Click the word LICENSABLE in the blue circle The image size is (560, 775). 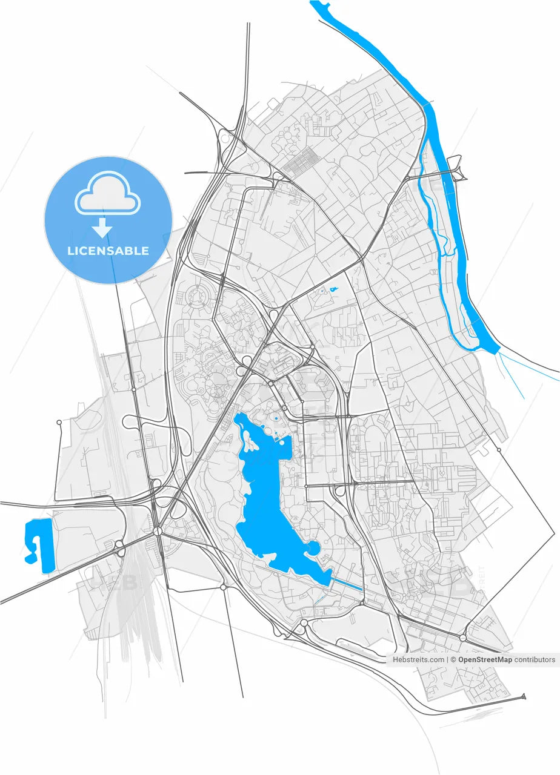coord(108,251)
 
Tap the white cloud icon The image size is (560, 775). coord(108,193)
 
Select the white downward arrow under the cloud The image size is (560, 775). coord(102,228)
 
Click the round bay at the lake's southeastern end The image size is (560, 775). coord(313,549)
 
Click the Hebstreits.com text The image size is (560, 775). coord(418,659)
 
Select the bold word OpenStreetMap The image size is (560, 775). coord(485,659)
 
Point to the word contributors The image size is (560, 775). coord(534,659)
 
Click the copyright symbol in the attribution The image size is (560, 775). coord(453,659)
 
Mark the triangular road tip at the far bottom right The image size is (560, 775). coord(523,697)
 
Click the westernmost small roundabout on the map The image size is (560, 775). coord(59,422)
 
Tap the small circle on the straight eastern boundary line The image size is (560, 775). coord(499,450)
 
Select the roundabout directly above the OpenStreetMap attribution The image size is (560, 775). coord(463,638)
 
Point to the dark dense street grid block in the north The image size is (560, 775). coord(301,160)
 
